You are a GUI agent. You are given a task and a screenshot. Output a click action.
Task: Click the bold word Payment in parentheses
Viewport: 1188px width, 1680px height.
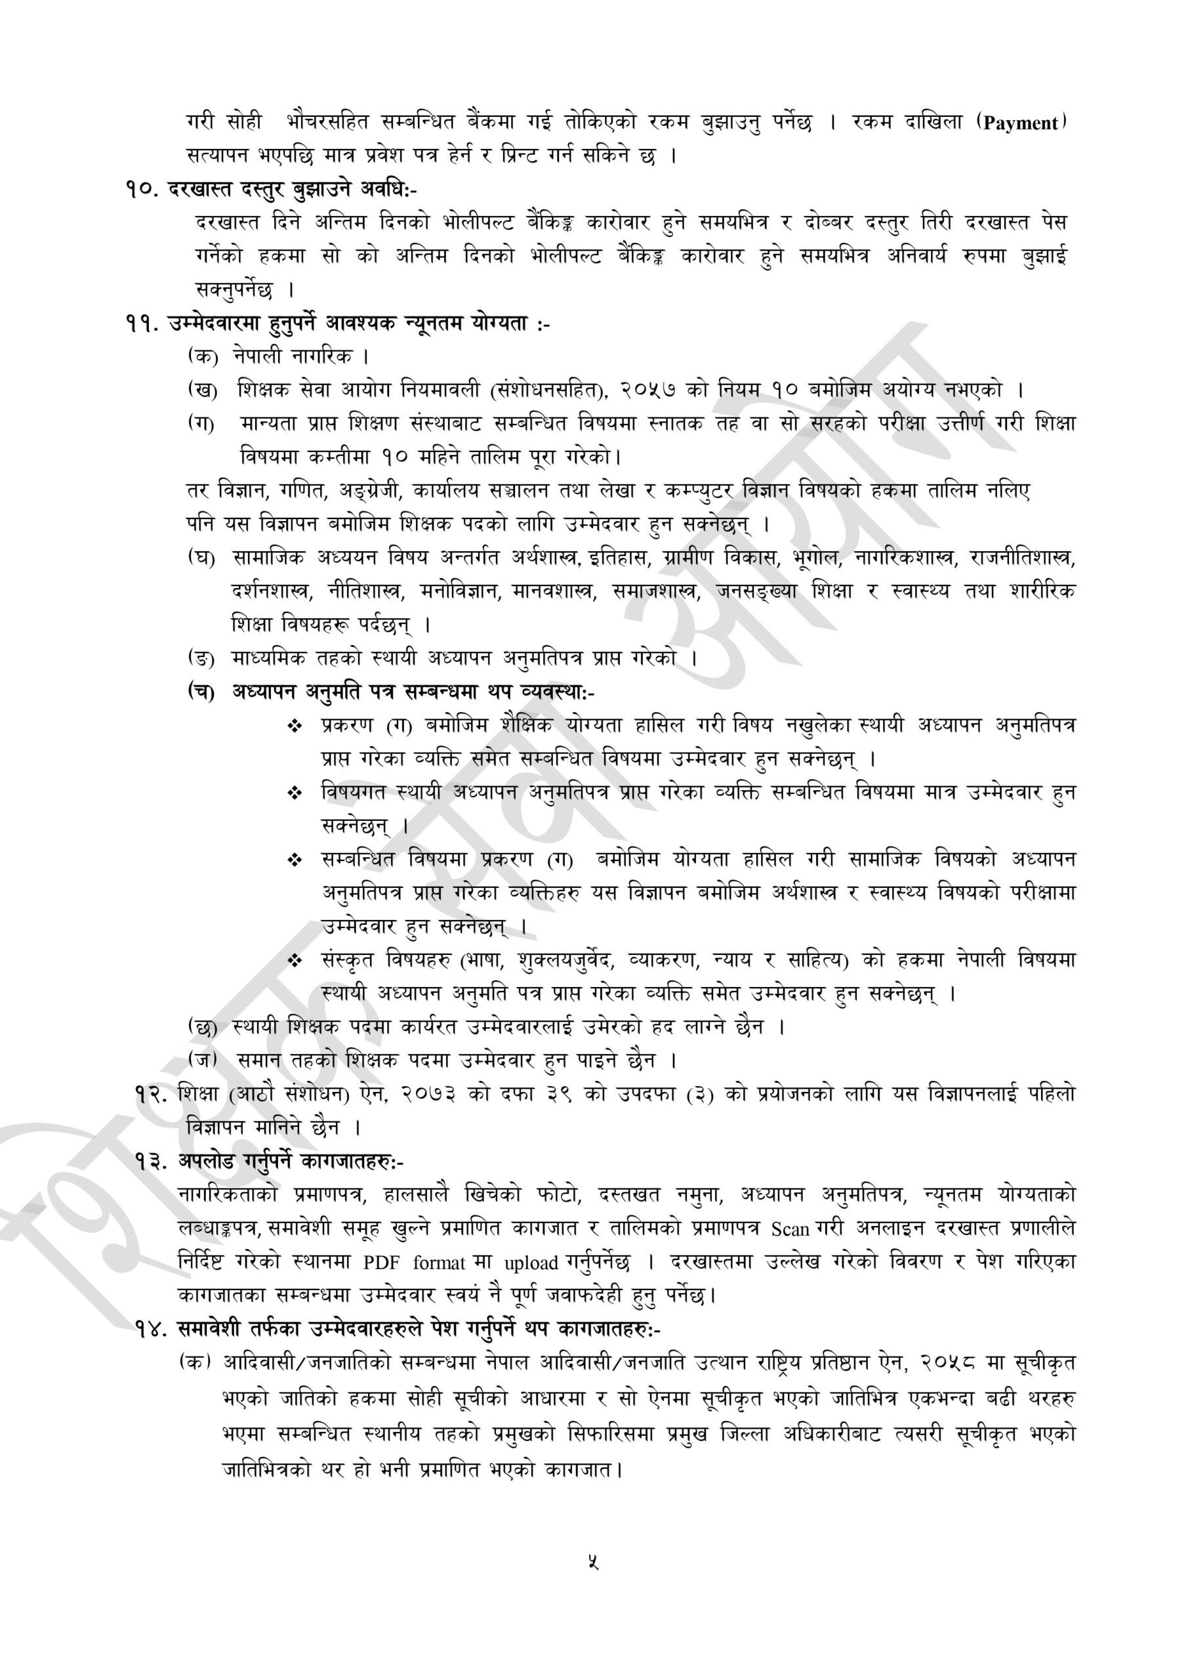coord(1021,123)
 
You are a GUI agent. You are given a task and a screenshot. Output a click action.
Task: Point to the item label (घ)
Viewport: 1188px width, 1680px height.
coord(202,558)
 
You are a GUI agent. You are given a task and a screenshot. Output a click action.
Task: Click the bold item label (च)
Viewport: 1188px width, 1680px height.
coord(201,692)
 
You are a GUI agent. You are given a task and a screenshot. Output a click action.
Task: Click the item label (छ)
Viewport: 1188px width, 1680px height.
coord(203,1027)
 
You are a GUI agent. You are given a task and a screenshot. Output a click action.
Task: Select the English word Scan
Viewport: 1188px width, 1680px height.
coord(790,1229)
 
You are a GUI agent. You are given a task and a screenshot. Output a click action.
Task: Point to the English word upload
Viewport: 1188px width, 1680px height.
coord(531,1263)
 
